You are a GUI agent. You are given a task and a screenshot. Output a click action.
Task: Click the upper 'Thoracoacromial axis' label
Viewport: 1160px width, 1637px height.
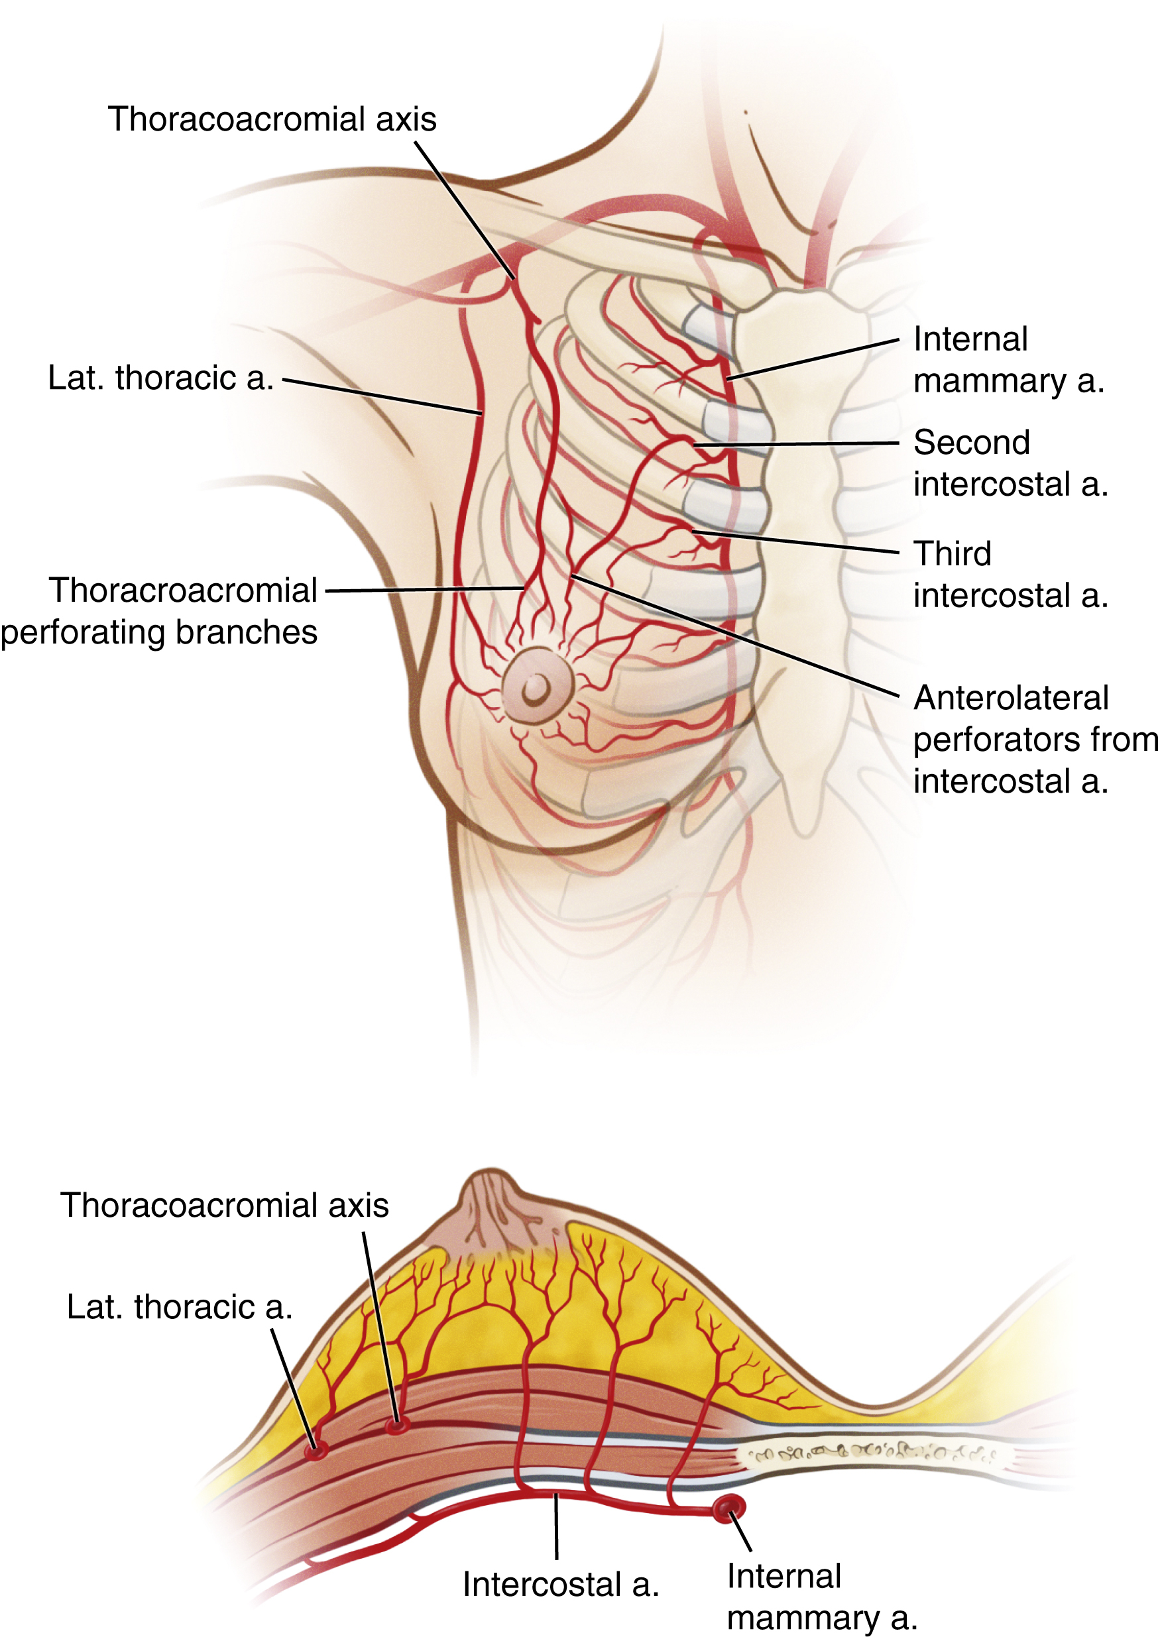coord(271,119)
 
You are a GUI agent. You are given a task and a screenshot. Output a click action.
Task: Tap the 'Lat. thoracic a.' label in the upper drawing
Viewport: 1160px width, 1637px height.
coord(160,378)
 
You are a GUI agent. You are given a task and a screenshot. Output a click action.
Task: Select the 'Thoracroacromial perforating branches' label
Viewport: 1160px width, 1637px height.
coord(159,611)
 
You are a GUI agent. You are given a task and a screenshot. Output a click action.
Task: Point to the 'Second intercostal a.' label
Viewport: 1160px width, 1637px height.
coord(1010,463)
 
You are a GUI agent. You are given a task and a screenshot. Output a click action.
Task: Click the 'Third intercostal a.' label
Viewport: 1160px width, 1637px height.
coord(1010,574)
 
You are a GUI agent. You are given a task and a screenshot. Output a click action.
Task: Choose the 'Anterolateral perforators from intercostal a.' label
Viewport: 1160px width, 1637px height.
coord(1034,739)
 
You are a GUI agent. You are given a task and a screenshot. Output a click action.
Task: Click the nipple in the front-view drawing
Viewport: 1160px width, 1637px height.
coord(536,687)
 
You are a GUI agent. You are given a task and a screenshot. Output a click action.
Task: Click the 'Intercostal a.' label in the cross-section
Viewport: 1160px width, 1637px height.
coord(560,1584)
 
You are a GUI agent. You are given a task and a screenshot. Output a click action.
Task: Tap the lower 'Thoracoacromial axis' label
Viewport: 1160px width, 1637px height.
coord(224,1205)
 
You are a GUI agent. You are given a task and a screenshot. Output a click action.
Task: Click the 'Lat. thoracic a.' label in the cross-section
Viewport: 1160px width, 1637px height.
coord(179,1307)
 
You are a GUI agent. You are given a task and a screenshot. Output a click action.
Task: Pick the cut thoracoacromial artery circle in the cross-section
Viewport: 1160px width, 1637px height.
coord(396,1426)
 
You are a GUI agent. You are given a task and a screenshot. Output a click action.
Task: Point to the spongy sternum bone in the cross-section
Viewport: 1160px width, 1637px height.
coord(872,1453)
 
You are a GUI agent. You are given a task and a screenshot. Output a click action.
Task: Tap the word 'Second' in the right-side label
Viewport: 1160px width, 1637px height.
coord(972,443)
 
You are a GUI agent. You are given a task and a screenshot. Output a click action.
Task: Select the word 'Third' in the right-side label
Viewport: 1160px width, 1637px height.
coord(952,553)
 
